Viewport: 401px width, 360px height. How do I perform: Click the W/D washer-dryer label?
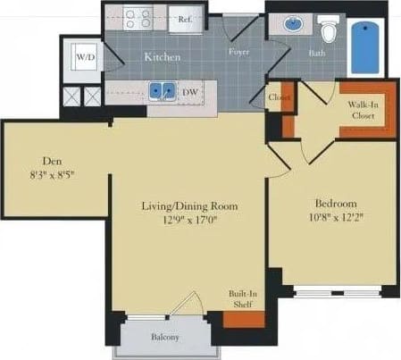[x=85, y=57]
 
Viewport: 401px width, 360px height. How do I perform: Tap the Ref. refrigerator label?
[x=187, y=18]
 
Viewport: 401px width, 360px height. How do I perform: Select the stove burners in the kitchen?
[x=138, y=18]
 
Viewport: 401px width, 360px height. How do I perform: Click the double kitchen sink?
[x=163, y=90]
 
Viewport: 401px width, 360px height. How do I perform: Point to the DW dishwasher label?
[x=189, y=90]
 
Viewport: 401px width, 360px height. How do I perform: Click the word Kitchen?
[x=163, y=57]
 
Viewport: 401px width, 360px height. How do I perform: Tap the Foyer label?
[x=238, y=51]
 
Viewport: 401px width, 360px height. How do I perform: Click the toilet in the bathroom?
[x=328, y=32]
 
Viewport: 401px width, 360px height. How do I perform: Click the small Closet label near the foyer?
[x=280, y=96]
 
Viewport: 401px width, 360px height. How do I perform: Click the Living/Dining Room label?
[x=188, y=206]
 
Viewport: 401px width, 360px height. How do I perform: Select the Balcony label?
[x=164, y=337]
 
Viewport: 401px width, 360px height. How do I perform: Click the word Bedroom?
[x=336, y=202]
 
